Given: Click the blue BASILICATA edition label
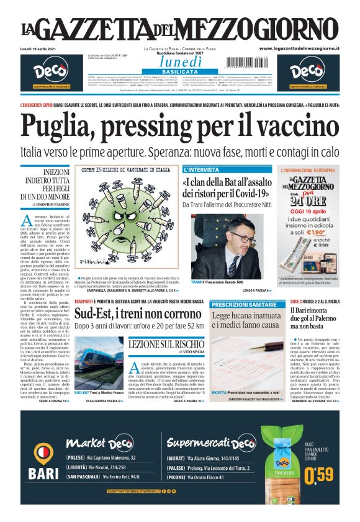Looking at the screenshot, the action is (x=179, y=72).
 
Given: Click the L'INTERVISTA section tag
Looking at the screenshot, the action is (x=202, y=169).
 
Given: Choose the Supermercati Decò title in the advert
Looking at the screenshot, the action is (x=211, y=443).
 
